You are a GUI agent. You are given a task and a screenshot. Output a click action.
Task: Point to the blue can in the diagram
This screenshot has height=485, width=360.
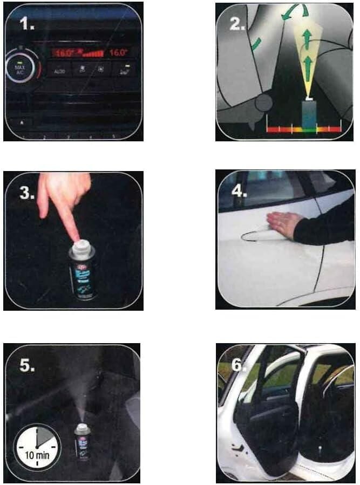[x=309, y=114]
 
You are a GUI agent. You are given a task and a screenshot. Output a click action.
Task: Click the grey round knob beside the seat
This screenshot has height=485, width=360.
[x=263, y=103]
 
